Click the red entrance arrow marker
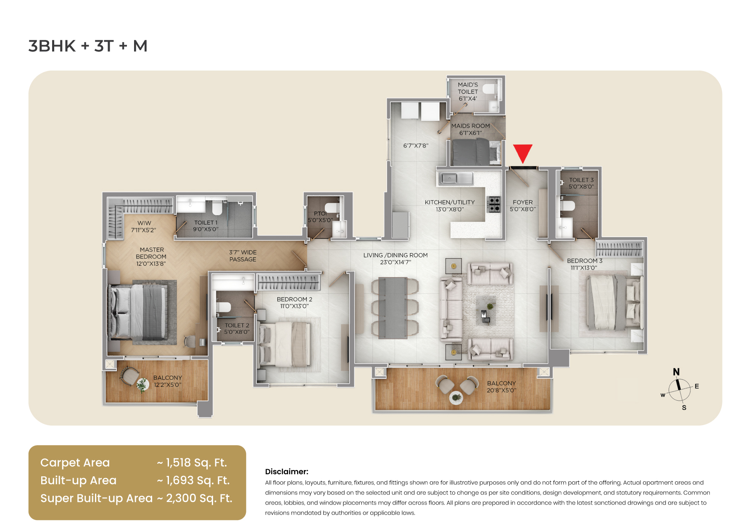522,153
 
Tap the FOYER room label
522,206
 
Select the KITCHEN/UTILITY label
450,206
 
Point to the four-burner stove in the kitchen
494,204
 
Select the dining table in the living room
393,308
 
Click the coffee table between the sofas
487,311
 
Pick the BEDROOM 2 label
294,302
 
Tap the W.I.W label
144,226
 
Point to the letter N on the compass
676,372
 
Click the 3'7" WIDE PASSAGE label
242,256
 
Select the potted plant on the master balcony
142,384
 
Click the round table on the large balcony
456,397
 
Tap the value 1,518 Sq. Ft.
196,462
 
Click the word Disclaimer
287,472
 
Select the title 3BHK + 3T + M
88,46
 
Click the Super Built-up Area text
96,498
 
